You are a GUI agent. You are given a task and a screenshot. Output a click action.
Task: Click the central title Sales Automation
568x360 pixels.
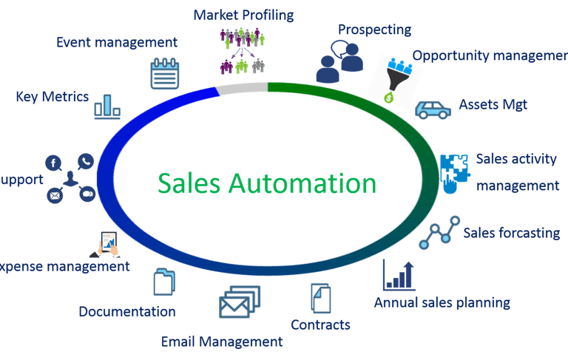pyautogui.click(x=267, y=182)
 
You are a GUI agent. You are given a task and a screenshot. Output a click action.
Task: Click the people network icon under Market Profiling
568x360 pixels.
pyautogui.click(x=242, y=51)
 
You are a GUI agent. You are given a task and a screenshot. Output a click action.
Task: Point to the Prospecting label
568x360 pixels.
pyautogui.click(x=374, y=30)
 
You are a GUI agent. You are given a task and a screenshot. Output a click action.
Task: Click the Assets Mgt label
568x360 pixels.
pyautogui.click(x=493, y=105)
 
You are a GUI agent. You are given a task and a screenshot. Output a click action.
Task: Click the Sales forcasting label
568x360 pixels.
pyautogui.click(x=511, y=233)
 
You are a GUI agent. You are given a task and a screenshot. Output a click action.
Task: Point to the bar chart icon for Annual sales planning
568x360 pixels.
pyautogui.click(x=398, y=275)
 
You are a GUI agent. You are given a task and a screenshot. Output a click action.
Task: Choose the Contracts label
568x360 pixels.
pyautogui.click(x=320, y=325)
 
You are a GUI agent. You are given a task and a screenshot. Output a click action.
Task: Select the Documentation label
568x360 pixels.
pyautogui.click(x=127, y=311)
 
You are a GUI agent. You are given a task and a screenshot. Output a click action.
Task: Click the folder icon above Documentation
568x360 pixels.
pyautogui.click(x=164, y=283)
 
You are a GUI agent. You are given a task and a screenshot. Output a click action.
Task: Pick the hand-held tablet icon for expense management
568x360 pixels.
pyautogui.click(x=109, y=242)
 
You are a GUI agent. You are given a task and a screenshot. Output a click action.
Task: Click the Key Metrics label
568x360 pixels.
pyautogui.click(x=52, y=97)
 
